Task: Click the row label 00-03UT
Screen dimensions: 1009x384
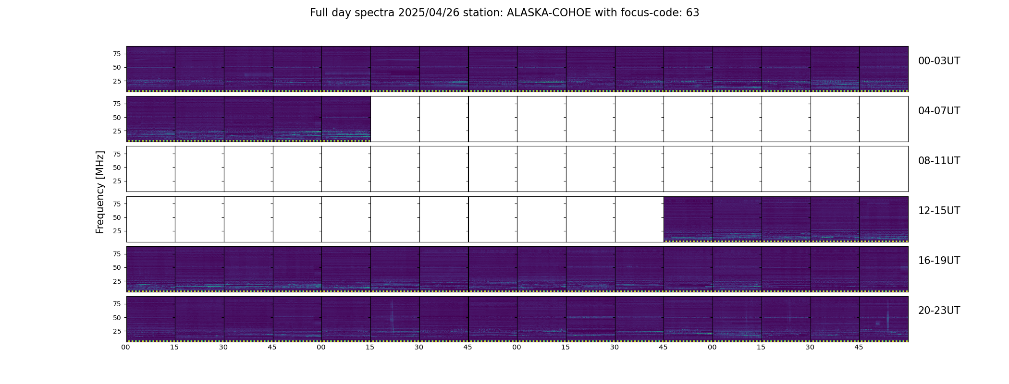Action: [939, 61]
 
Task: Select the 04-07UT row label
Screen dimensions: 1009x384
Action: [939, 111]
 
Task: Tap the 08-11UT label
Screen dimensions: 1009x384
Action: [939, 161]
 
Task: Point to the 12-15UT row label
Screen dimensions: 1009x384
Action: [939, 211]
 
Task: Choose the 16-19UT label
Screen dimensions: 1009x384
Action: [939, 261]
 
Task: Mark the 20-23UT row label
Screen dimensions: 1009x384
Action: [939, 311]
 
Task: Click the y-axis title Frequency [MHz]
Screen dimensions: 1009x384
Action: [100, 192]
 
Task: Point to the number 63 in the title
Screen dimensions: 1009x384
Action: [692, 13]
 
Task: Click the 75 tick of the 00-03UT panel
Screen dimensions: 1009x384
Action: [117, 54]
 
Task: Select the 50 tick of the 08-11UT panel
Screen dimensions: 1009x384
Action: [117, 168]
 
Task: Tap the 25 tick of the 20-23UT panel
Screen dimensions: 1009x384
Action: [117, 331]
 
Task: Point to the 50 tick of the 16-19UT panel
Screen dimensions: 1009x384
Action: [117, 267]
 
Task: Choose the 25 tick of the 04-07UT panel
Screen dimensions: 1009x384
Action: [117, 131]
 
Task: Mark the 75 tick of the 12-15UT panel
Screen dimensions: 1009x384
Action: [117, 204]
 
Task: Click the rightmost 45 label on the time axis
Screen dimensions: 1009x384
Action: [859, 347]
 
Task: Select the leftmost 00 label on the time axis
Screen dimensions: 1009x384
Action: [126, 347]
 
